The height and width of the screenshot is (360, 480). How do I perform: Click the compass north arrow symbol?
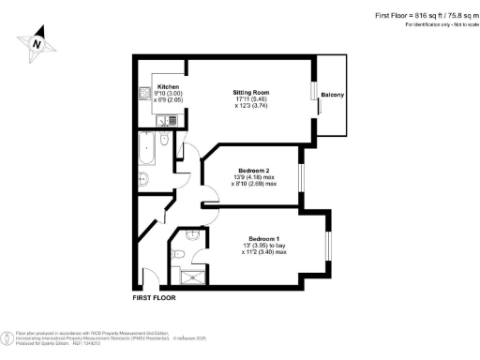[36, 42]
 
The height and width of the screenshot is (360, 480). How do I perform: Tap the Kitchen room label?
[156, 84]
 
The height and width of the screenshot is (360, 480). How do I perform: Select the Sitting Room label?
[251, 92]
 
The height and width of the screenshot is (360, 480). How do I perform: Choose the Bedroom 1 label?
[265, 238]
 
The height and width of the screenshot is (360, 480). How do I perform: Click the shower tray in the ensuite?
[187, 274]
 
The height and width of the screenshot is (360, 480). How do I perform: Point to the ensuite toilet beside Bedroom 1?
[192, 238]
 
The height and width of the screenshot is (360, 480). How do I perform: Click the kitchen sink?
[145, 94]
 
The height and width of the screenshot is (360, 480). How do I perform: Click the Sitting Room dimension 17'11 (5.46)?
[251, 99]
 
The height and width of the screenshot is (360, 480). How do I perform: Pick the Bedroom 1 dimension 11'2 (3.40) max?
[265, 252]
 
